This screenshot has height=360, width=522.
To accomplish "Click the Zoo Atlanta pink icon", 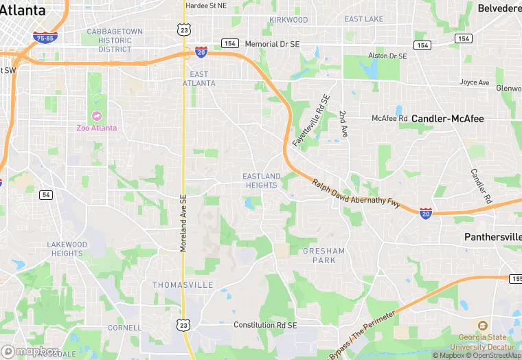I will point(95,115).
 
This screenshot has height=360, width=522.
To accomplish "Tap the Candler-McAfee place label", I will point(447,119).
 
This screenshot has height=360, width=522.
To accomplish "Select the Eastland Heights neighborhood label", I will point(262,181).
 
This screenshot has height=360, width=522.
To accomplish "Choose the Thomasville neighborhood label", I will point(183,284).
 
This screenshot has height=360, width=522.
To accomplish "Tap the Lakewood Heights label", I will point(67,249).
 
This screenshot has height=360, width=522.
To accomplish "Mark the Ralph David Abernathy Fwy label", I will point(356,194).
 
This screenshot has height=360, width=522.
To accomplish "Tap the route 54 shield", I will point(46,195).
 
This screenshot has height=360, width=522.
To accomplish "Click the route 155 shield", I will point(516,278).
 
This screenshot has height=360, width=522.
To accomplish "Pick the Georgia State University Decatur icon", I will point(482,326).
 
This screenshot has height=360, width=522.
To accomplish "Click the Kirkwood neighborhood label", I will point(288,20).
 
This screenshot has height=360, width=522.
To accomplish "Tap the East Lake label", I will point(364,19).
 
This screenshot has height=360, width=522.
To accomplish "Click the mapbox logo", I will point(30,351).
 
